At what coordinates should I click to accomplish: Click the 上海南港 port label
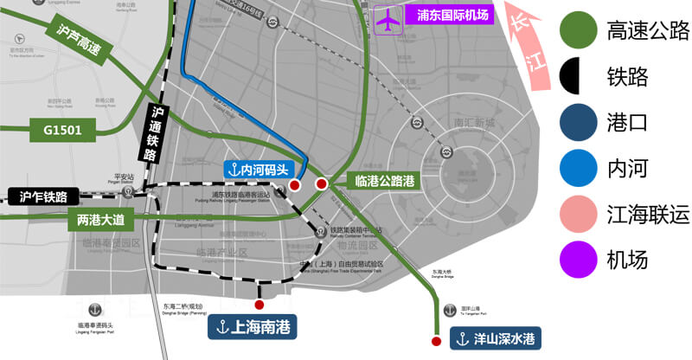click(x=252, y=327)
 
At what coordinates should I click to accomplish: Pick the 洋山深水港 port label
click(x=494, y=340)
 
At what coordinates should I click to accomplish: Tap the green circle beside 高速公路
click(x=578, y=32)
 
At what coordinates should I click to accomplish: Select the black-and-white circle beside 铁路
click(x=578, y=77)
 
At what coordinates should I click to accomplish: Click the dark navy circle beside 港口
click(x=578, y=123)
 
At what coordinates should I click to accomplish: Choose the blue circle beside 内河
click(x=578, y=168)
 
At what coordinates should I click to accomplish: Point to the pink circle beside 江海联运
click(x=578, y=213)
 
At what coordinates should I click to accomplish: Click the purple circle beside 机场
click(x=578, y=258)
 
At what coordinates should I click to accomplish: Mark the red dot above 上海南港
click(x=259, y=305)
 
